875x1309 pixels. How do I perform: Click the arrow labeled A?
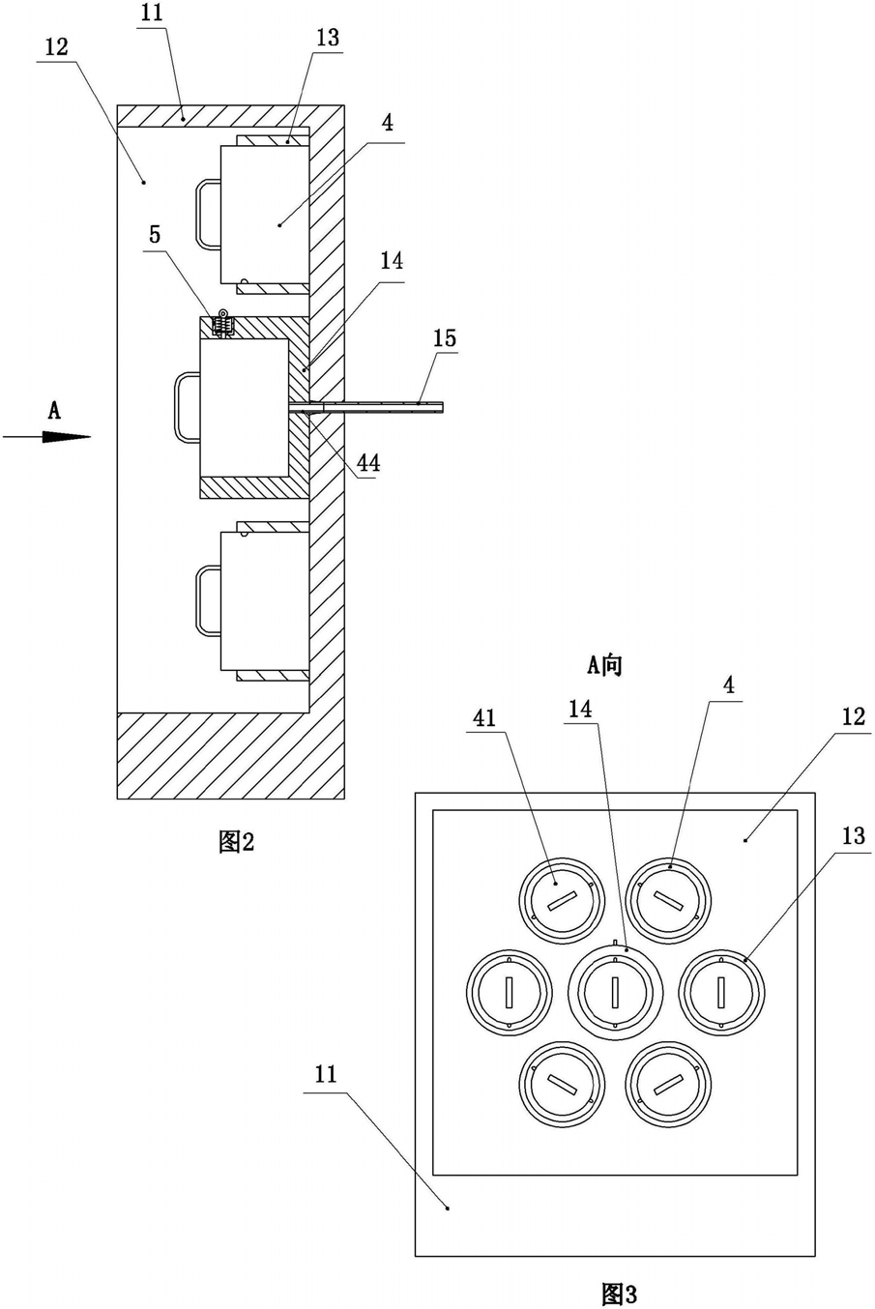(x=46, y=437)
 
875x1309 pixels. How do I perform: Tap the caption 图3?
(x=620, y=1294)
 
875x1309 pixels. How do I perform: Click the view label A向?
(x=605, y=665)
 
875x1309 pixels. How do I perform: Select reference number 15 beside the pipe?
(x=444, y=338)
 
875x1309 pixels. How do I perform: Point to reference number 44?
(x=368, y=463)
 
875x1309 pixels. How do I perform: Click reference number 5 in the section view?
(x=155, y=234)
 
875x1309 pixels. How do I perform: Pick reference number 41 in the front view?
(x=484, y=717)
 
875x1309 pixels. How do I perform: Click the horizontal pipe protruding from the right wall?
(x=365, y=407)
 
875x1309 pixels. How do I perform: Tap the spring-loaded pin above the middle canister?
(x=222, y=323)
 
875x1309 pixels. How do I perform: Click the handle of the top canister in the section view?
(x=208, y=214)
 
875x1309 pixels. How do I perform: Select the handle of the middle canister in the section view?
(x=188, y=407)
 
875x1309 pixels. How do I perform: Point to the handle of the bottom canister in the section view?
(x=208, y=600)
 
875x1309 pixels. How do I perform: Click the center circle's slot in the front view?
(x=616, y=992)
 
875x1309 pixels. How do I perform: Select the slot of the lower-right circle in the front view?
(x=668, y=1084)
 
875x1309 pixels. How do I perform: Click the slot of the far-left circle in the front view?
(x=510, y=992)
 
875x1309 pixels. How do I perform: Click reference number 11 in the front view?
(x=326, y=1074)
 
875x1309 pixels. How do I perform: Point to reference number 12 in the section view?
(x=57, y=47)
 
